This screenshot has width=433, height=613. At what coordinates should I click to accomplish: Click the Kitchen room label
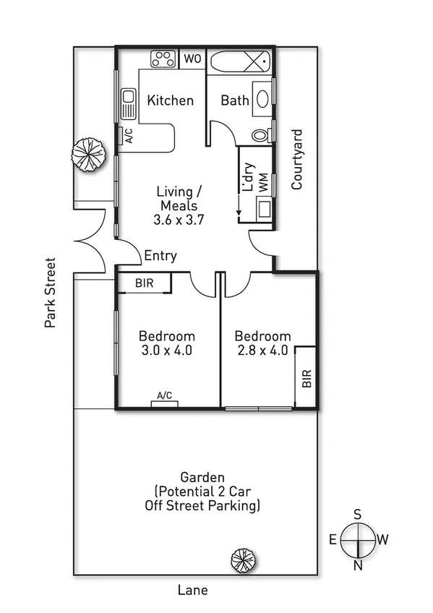pyautogui.click(x=171, y=100)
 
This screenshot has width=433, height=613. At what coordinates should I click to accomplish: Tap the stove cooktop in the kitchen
pyautogui.click(x=163, y=59)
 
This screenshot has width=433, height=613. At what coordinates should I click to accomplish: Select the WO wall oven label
pyautogui.click(x=192, y=59)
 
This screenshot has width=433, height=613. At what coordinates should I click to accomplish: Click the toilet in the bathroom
pyautogui.click(x=262, y=134)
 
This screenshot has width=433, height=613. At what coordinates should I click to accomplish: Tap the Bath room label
pyautogui.click(x=234, y=100)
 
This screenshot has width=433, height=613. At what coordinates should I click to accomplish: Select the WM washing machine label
pyautogui.click(x=263, y=183)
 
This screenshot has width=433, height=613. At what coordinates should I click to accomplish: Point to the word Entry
pyautogui.click(x=160, y=256)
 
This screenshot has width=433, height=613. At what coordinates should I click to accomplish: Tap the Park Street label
pyautogui.click(x=50, y=293)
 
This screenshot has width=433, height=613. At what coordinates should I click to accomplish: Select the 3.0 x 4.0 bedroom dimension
pyautogui.click(x=167, y=351)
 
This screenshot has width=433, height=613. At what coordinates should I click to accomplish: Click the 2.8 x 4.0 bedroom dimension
pyautogui.click(x=262, y=351)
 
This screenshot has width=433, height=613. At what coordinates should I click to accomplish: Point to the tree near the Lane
pyautogui.click(x=239, y=560)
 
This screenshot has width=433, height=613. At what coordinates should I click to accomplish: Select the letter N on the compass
pyautogui.click(x=357, y=566)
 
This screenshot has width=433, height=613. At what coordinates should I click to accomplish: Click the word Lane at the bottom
pyautogui.click(x=193, y=591)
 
